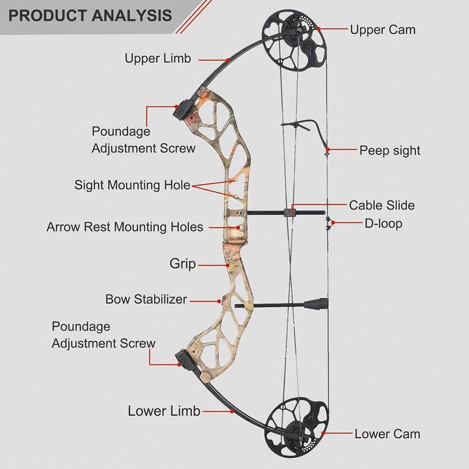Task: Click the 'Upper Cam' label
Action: click(383, 30)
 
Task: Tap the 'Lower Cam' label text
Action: click(387, 434)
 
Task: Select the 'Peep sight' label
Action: click(390, 151)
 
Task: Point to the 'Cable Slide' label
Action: click(382, 205)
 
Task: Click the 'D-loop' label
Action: click(383, 224)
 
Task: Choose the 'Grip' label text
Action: click(182, 264)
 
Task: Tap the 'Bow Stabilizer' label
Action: click(146, 299)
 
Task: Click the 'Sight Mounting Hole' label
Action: click(132, 185)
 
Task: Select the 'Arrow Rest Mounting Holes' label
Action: click(125, 227)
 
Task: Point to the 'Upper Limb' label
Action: click(158, 58)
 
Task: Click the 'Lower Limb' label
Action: click(164, 411)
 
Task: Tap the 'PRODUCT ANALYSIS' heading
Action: click(90, 15)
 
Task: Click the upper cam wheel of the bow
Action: click(293, 40)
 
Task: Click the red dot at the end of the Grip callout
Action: click(227, 265)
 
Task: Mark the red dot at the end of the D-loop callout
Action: click(333, 223)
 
